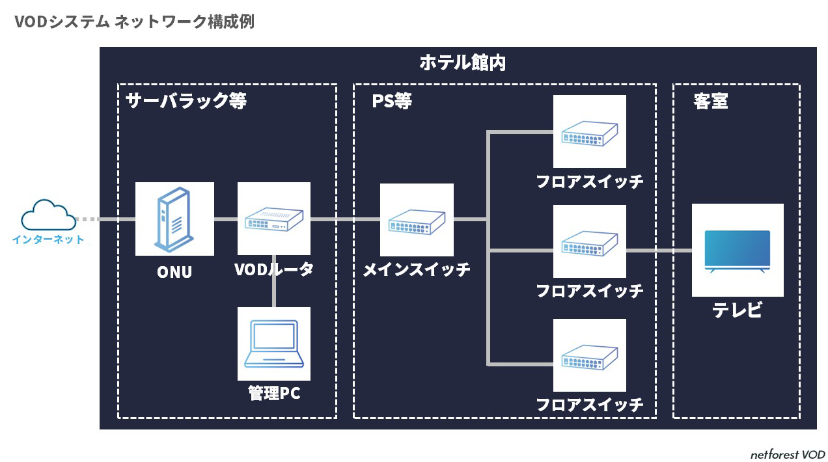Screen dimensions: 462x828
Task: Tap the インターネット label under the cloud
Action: click(48, 239)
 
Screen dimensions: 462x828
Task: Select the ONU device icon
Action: click(174, 219)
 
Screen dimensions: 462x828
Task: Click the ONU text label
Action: click(174, 272)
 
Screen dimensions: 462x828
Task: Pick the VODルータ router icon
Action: click(274, 219)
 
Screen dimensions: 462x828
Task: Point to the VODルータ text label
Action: click(274, 269)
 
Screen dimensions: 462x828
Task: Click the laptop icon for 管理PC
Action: click(274, 344)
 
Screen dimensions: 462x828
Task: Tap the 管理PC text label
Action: click(274, 394)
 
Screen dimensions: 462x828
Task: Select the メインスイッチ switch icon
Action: click(417, 220)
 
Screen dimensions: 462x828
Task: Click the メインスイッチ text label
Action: click(417, 269)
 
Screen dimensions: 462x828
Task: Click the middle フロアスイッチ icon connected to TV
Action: click(590, 241)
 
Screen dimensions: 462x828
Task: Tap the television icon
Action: click(738, 251)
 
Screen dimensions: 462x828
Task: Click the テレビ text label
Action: click(738, 310)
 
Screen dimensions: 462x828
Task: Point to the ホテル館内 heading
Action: click(463, 63)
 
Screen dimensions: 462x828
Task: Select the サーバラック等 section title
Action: click(186, 102)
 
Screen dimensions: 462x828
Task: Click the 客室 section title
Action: click(711, 102)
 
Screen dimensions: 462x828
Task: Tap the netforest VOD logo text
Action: click(787, 454)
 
